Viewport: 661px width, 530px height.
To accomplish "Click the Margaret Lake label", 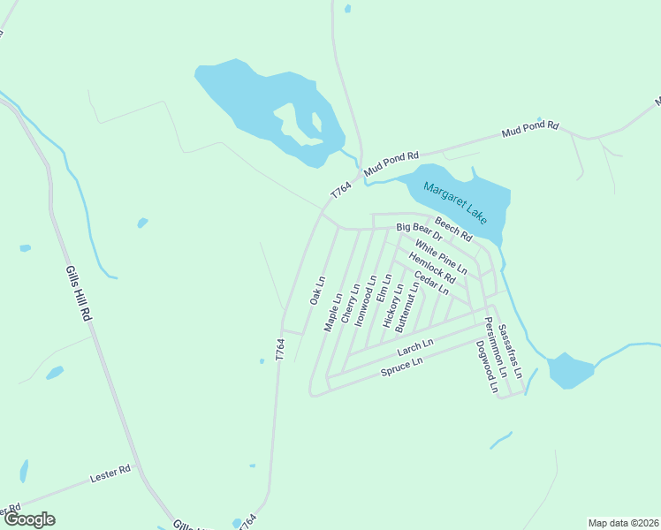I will click(455, 202).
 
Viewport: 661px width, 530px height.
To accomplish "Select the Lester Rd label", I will click(110, 474).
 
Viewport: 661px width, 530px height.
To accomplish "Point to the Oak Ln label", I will click(317, 290).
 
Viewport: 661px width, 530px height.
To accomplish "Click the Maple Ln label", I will click(332, 313).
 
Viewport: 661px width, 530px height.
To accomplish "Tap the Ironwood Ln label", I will click(366, 303).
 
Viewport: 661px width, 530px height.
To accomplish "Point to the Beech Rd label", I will click(453, 231).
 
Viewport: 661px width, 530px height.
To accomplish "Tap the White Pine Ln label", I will click(440, 256).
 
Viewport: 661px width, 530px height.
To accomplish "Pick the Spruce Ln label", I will click(402, 367).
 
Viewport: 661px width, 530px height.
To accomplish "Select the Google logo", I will click(29, 519).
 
